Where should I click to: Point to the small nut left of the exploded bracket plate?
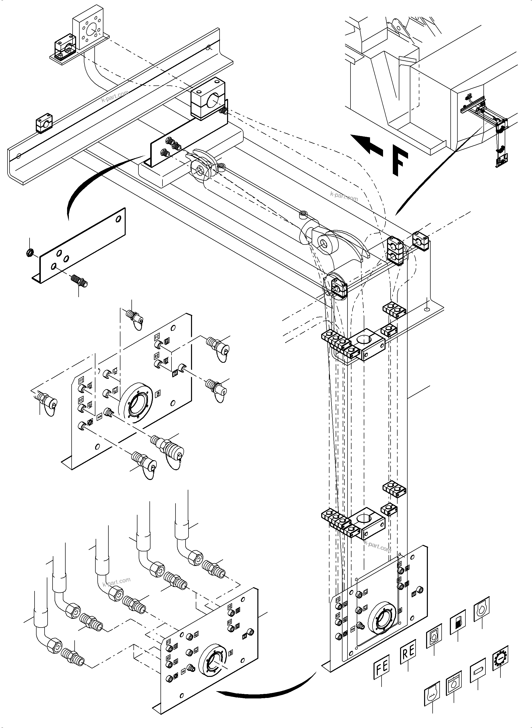tap(29, 253)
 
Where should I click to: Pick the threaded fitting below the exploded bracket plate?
tap(79, 280)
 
